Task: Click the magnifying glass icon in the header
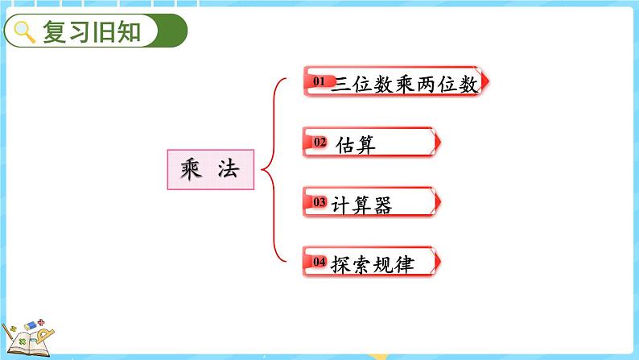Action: pos(25,32)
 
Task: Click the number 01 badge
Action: pos(318,81)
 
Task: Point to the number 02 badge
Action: pos(319,143)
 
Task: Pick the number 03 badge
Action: pos(319,202)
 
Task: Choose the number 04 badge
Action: pos(319,262)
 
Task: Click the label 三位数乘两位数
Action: pos(405,84)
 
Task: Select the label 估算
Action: pos(355,144)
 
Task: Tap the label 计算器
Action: pos(361,204)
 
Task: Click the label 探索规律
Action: pos(372,263)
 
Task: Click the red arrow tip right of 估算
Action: pos(437,143)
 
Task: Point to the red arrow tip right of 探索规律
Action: pos(437,262)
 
